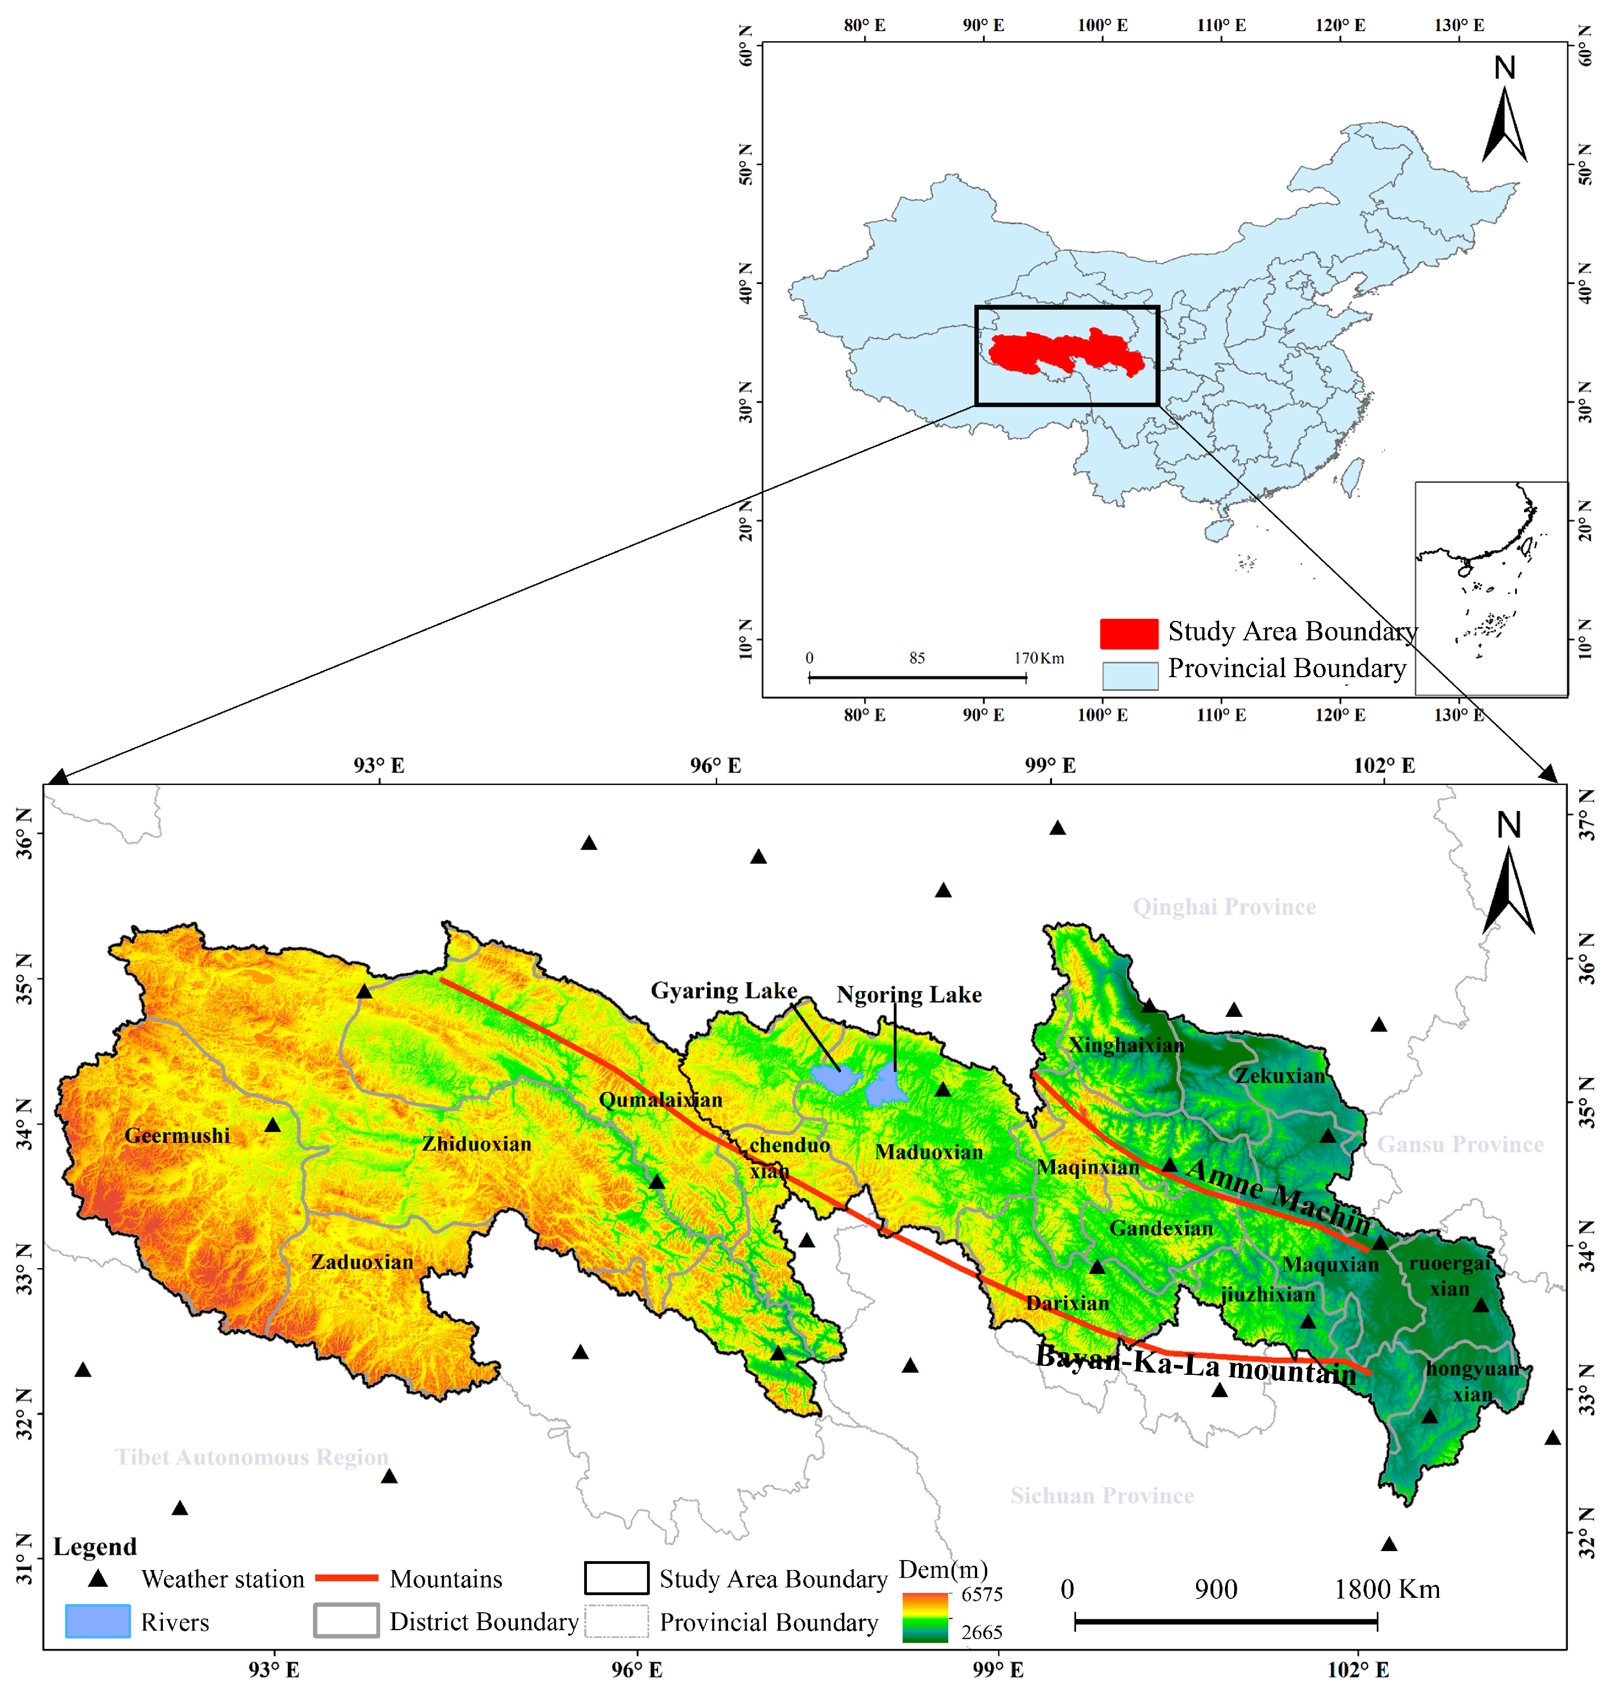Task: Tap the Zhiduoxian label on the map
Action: (476, 1144)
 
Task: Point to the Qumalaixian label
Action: (661, 1100)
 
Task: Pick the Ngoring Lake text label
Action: (909, 995)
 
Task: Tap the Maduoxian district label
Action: (929, 1152)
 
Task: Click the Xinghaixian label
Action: (1126, 1045)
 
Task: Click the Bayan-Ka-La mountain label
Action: (1196, 1364)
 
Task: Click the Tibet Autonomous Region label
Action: (252, 1457)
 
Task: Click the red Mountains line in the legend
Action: (346, 1578)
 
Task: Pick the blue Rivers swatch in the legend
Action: (97, 1621)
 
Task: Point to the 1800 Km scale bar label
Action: (1386, 1589)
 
